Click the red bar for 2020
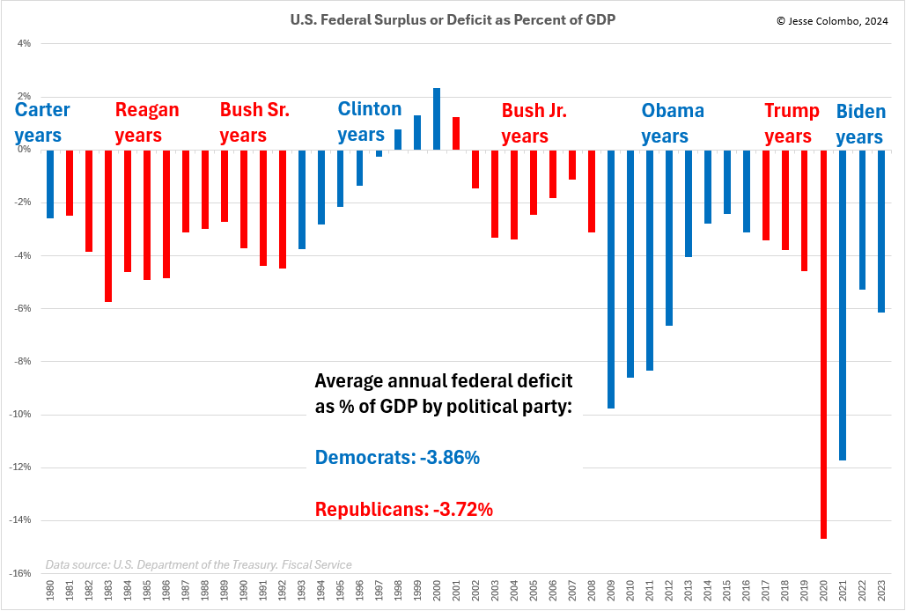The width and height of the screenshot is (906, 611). click(823, 343)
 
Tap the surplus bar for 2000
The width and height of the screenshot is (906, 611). click(437, 119)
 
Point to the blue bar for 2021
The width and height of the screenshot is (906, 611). click(843, 305)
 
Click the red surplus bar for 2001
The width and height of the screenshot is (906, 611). click(456, 133)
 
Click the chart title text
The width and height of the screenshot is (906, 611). click(452, 18)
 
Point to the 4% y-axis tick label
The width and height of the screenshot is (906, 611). click(24, 43)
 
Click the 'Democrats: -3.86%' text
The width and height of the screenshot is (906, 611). click(397, 458)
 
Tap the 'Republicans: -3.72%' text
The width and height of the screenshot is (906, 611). click(403, 509)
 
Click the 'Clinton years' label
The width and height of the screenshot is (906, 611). click(369, 121)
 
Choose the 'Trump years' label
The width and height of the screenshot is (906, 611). click(787, 123)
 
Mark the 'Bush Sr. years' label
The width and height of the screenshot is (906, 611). click(254, 122)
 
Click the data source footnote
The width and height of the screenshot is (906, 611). click(198, 564)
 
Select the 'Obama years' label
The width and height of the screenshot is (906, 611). click(672, 123)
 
